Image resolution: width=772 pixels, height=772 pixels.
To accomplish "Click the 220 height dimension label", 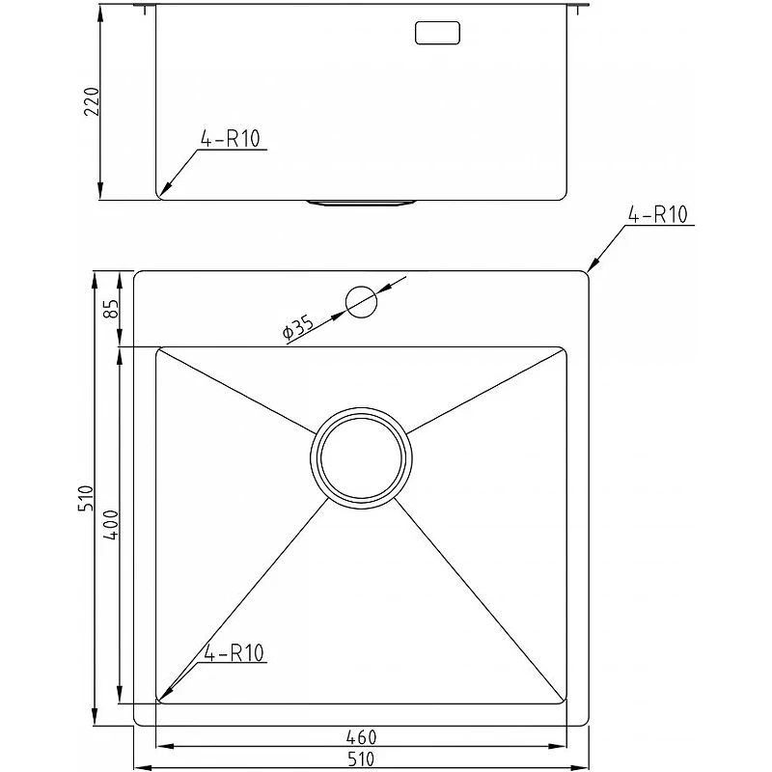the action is [92, 101].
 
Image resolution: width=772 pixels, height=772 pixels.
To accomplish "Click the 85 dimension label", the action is [111, 309].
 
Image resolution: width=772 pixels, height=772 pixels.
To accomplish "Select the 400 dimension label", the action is [111, 525].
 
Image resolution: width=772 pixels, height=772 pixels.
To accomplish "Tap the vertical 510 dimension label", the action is [85, 498].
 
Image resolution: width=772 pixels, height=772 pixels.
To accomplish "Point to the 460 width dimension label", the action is [361, 737].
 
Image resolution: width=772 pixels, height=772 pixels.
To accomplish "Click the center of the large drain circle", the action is [361, 457].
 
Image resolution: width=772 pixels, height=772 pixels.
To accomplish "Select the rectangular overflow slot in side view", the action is [437, 33].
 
